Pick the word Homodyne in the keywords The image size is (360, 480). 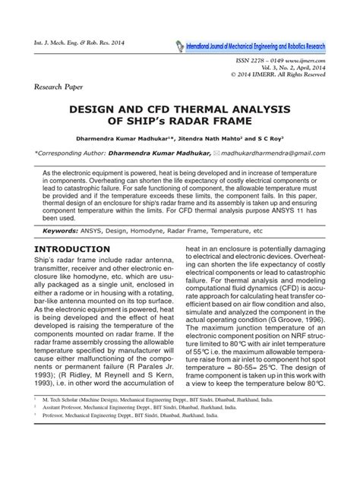156,229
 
